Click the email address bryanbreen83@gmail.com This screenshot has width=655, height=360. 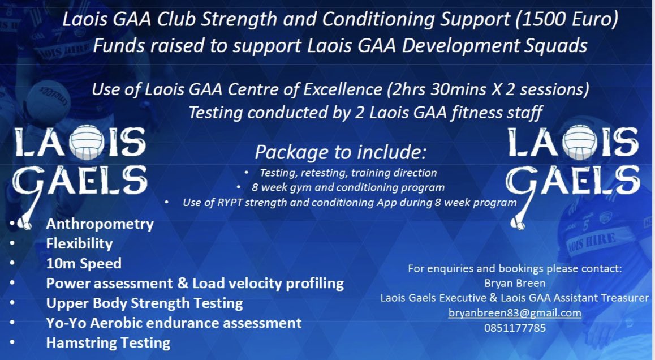pyautogui.click(x=514, y=312)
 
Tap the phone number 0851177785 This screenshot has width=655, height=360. pyautogui.click(x=514, y=327)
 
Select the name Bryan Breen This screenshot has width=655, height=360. pyautogui.click(x=514, y=283)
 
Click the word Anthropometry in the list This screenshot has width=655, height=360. pyautogui.click(x=100, y=224)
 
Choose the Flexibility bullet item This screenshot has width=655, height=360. pyautogui.click(x=79, y=243)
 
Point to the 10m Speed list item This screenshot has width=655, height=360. pyautogui.click(x=84, y=263)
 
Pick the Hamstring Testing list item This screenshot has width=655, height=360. pyautogui.click(x=108, y=342)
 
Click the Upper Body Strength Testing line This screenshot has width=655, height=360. pyautogui.click(x=144, y=303)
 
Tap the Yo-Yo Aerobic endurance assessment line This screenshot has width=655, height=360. pyautogui.click(x=174, y=323)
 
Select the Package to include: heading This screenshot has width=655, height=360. pyautogui.click(x=339, y=152)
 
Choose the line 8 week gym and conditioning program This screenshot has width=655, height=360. pyautogui.click(x=348, y=187)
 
